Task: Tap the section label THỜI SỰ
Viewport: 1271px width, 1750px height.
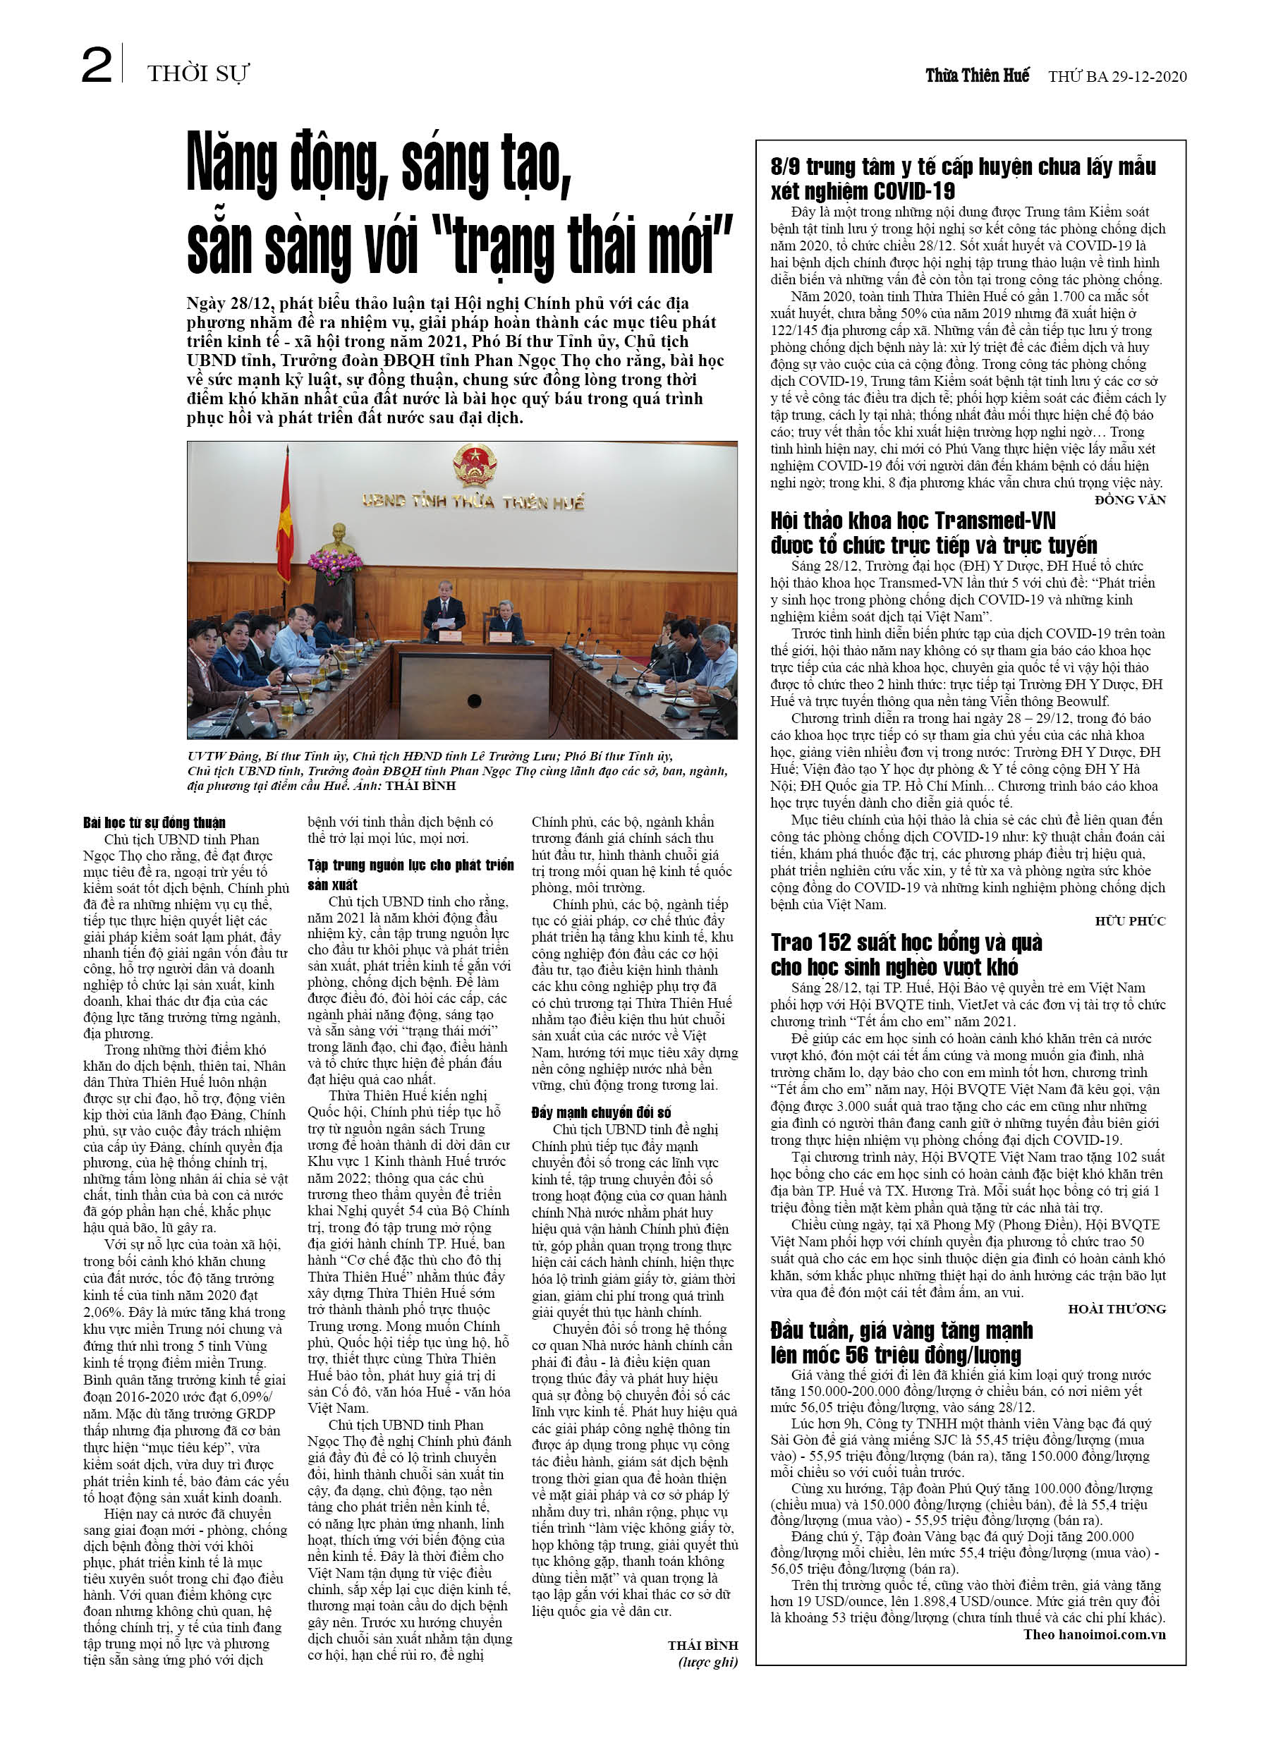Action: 197,73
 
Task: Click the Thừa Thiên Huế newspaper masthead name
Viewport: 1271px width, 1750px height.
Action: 977,75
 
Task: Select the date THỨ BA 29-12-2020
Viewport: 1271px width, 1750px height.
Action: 1117,76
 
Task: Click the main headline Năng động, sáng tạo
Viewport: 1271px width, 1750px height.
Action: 378,165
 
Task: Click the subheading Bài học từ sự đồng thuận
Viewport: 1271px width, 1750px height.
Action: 154,822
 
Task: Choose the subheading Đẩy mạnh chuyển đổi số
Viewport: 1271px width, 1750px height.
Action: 600,1112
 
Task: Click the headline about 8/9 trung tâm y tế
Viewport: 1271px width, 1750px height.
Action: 962,178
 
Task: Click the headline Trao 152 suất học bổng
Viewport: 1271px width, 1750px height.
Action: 906,954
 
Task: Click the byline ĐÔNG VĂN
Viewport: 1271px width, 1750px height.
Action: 1130,500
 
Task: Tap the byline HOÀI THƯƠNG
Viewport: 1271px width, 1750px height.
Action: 1116,1308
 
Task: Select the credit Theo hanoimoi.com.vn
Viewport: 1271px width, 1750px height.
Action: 1093,1634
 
